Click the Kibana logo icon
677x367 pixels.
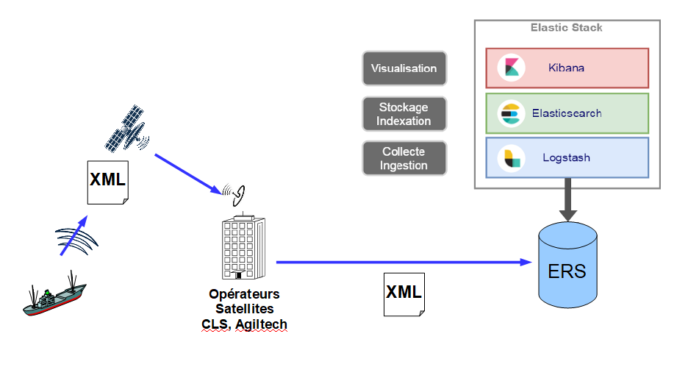point(511,68)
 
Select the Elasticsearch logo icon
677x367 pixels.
point(511,113)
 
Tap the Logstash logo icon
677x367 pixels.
point(511,158)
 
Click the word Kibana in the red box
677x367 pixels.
point(566,68)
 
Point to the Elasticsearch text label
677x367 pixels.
point(567,113)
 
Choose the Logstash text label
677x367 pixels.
point(566,157)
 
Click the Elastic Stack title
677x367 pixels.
point(566,28)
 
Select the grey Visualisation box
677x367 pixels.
point(404,68)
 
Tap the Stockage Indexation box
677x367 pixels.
point(404,114)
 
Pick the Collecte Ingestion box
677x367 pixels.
point(404,158)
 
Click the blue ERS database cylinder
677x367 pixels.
point(567,265)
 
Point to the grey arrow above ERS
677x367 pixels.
point(567,199)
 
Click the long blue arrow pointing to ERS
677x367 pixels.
point(404,262)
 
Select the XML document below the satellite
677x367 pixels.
point(108,182)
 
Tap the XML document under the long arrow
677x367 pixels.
point(404,294)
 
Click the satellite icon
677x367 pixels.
point(126,128)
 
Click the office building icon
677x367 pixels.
point(243,246)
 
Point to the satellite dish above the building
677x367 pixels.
point(234,195)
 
